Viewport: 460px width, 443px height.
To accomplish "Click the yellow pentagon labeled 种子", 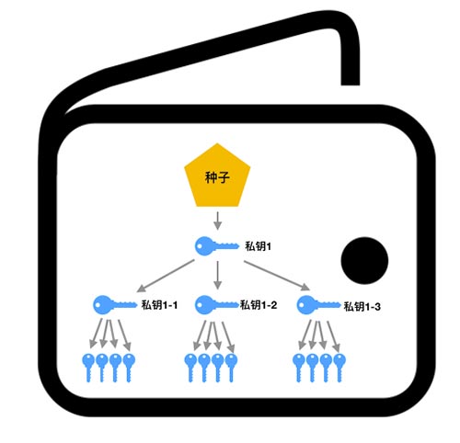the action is [217, 176].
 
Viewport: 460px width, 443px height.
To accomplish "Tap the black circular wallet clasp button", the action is [364, 260].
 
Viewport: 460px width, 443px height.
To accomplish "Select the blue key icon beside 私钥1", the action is [217, 246].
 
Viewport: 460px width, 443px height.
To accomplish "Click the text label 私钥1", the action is [258, 246].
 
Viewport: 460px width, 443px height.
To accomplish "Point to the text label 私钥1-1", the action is [159, 305].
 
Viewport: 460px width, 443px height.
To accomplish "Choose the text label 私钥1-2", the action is [259, 305].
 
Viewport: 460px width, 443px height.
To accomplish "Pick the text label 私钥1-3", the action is [362, 307].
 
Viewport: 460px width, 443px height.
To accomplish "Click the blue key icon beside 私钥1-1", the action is [115, 305].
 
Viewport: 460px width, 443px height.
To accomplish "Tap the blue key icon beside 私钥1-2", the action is [217, 305].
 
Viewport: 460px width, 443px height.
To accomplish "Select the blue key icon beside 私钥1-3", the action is [319, 305].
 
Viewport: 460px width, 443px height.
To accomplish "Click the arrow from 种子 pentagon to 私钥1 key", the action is [217, 221].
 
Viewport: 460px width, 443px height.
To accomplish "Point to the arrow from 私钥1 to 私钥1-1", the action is [166, 276].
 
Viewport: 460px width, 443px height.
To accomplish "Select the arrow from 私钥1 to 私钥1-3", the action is [277, 276].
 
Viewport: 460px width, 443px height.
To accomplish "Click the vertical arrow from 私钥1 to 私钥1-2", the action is [217, 275].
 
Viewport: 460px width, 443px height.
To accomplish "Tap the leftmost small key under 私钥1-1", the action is [88, 368].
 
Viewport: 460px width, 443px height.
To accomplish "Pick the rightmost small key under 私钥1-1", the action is [129, 368].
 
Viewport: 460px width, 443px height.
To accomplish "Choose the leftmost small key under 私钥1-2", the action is [190, 368].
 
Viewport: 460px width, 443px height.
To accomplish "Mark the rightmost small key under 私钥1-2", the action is [231, 368].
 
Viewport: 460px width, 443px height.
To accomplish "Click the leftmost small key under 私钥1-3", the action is [299, 368].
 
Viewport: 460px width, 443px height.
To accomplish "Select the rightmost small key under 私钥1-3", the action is [339, 368].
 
